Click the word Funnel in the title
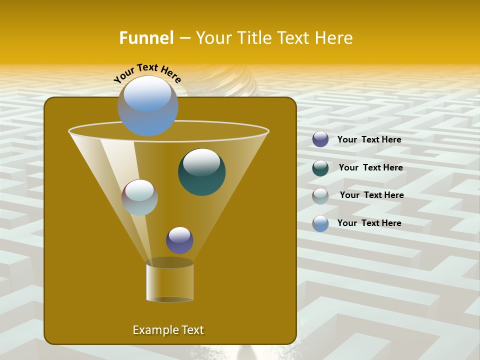146,38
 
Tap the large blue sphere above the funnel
148,105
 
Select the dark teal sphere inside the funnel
202,171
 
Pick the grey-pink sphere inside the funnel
139,197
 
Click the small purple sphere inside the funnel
179,240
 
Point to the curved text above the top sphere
147,72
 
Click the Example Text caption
168,330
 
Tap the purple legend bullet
320,139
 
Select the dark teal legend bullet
320,168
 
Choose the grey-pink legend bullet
320,195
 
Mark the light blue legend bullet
320,223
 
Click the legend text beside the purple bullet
369,140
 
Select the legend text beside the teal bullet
370,168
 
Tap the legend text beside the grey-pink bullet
371,195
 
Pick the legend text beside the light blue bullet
369,223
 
